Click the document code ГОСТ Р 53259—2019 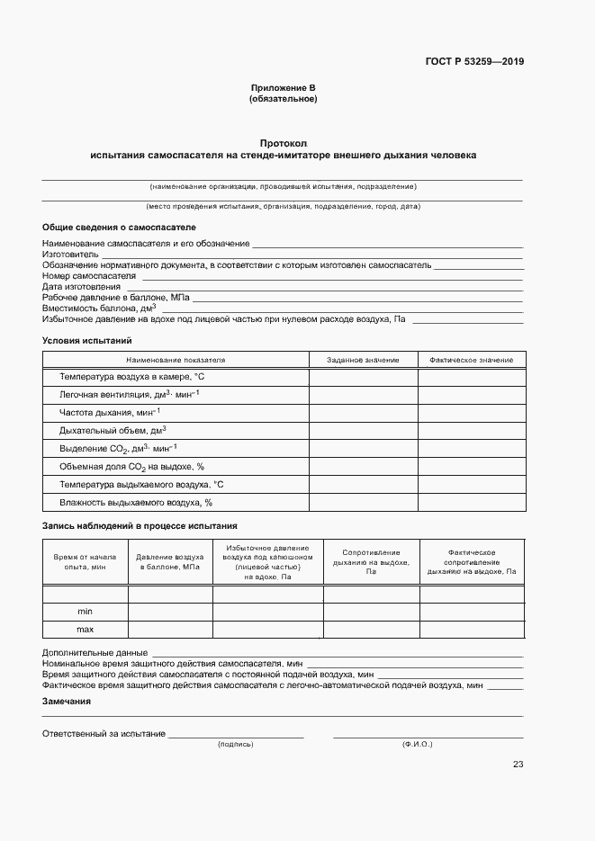click(474, 62)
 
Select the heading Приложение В click(283, 88)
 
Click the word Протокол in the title click(283, 144)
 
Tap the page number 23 click(518, 765)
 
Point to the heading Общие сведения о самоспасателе click(119, 228)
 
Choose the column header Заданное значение click(363, 360)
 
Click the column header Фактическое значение click(471, 360)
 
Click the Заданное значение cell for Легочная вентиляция click(363, 394)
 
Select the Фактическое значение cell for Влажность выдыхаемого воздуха click(471, 502)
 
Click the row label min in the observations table click(86, 611)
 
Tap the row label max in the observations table click(86, 629)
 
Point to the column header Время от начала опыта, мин click(86, 561)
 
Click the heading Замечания click(67, 702)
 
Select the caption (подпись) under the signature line click(236, 745)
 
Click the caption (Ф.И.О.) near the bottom click(418, 745)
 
